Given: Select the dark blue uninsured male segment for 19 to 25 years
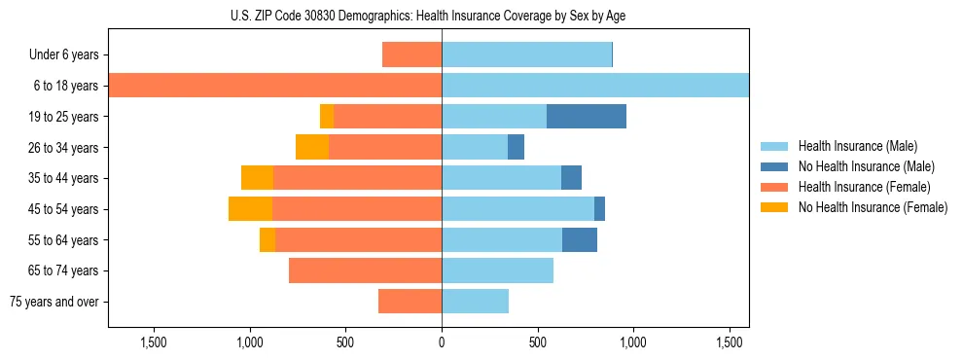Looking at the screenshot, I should tap(586, 117).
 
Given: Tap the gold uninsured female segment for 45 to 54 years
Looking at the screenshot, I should tap(250, 209).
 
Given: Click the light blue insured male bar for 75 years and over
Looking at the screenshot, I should tap(475, 302).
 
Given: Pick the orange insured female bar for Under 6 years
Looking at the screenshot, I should tap(411, 54).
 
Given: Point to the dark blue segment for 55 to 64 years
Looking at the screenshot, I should tap(580, 240).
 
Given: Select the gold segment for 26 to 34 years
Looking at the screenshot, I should tap(312, 147).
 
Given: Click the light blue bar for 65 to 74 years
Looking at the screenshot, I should tap(497, 270).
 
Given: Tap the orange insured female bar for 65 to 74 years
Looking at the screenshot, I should tap(365, 270).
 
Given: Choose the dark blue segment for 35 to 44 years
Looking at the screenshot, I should tap(571, 178).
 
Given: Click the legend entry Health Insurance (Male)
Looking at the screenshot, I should tap(857, 146).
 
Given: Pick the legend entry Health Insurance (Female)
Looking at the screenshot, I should tap(864, 187).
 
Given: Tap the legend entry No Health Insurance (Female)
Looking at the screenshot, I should tap(872, 207).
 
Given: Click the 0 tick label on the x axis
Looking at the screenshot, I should tap(442, 342).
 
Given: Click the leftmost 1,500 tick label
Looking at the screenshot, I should tap(154, 342).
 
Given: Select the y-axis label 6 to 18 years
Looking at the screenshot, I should tap(66, 86).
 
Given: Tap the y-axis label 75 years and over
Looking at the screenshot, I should tap(53, 302).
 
